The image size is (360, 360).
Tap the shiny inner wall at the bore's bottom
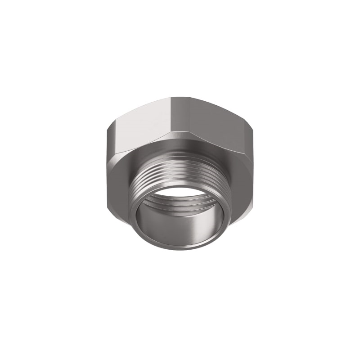pos(180,225)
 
